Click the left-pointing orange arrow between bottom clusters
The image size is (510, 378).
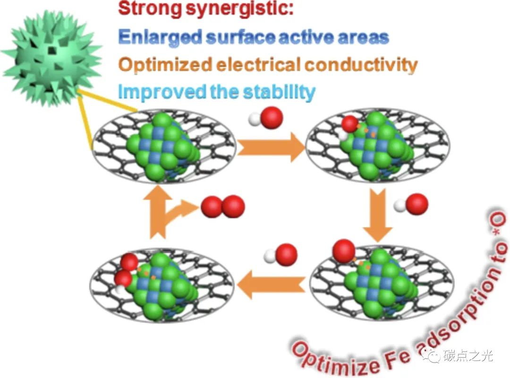(270, 283)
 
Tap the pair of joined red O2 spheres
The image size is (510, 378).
(223, 206)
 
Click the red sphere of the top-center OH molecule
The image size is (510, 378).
(272, 118)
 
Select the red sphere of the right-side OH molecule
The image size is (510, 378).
(416, 204)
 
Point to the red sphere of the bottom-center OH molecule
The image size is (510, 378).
(286, 255)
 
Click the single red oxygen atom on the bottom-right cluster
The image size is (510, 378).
(344, 251)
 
